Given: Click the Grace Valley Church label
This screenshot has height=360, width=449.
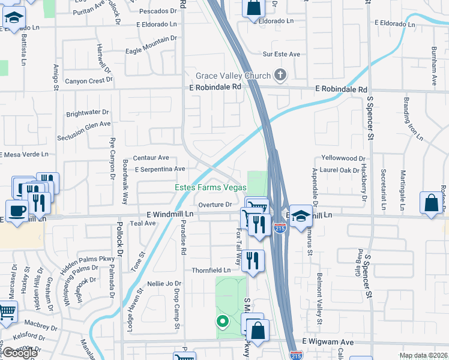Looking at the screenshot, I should point(233,76).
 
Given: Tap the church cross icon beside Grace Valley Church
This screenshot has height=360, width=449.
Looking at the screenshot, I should point(279,75).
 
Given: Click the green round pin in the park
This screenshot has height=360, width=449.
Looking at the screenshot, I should point(222,322).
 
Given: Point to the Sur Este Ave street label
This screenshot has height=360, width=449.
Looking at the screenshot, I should point(282,54).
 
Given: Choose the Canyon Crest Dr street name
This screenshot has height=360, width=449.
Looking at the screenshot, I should point(88,81).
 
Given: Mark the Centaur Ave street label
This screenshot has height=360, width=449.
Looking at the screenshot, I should point(151,158).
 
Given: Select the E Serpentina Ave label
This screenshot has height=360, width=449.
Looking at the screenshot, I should point(160,169).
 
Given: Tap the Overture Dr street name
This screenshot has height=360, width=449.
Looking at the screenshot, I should point(215,205).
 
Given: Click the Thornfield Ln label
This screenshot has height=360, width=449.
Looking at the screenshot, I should point(211,271).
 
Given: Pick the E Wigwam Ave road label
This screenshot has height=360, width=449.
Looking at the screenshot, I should point(328,341).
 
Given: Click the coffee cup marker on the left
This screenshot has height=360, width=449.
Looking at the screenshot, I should point(18,211).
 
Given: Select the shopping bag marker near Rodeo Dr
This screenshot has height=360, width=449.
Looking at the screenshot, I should point(432,203).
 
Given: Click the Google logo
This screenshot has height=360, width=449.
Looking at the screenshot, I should point(20,353).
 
